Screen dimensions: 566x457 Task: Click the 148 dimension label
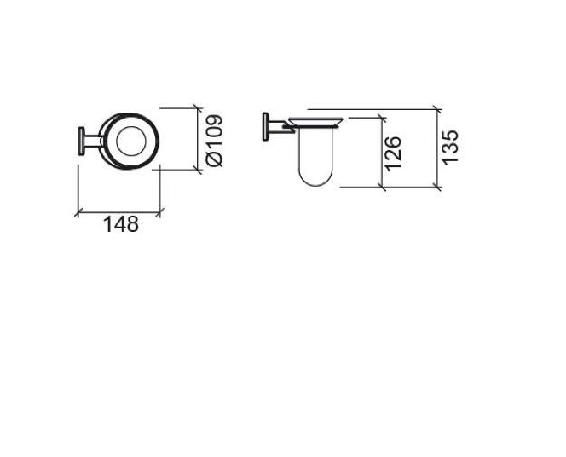click(x=121, y=224)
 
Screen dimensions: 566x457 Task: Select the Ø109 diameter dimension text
click(x=214, y=141)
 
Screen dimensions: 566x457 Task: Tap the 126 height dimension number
click(x=393, y=153)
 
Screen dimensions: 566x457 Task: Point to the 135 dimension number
click(x=450, y=147)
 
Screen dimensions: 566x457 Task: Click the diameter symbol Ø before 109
click(x=214, y=159)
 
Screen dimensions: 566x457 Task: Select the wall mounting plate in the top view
click(x=81, y=142)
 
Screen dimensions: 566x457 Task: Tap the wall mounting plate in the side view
click(x=266, y=127)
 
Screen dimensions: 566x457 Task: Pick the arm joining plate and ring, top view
click(x=93, y=142)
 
